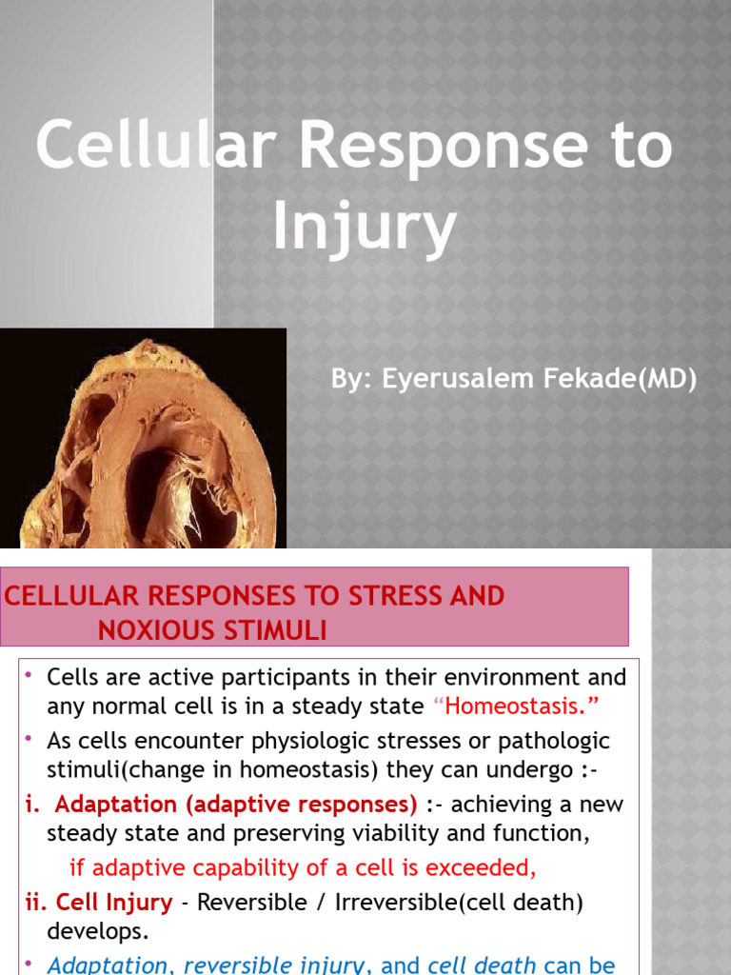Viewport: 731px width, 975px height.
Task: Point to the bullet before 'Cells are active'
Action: (30, 675)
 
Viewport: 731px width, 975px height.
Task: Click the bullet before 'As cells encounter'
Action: (30, 739)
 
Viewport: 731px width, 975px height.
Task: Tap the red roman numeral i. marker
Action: (32, 805)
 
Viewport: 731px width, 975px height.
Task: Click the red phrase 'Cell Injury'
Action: (114, 902)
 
